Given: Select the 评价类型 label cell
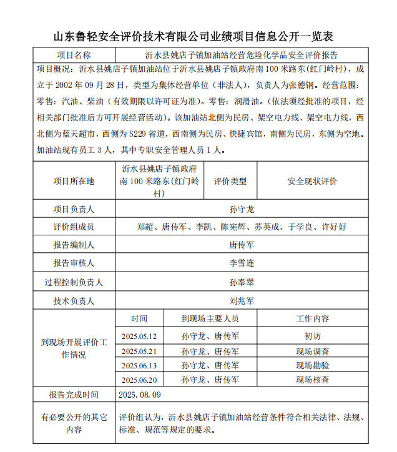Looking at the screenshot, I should (230, 181).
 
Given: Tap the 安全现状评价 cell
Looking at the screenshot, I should (312, 181).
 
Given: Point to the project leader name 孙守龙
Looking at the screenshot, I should (242, 209).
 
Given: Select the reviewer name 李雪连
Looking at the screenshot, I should (242, 263).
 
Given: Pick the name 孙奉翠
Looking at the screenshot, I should (242, 282).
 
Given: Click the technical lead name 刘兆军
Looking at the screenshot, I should (242, 301).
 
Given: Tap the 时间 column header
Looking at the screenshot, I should (140, 318).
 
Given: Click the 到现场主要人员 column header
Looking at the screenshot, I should (210, 318).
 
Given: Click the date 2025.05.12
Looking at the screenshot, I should (140, 336).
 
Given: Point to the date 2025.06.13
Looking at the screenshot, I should (140, 365).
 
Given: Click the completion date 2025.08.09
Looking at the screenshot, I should (140, 395).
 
